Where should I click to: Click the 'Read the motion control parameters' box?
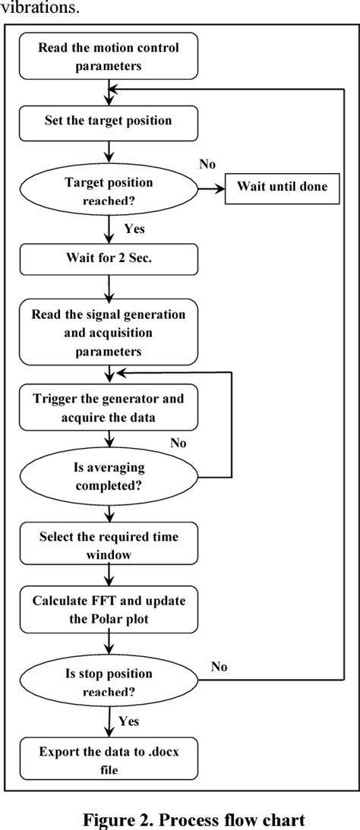(109, 55)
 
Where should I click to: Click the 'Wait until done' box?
(282, 187)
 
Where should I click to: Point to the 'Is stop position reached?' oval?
(108, 681)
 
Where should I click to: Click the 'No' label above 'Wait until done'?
(207, 165)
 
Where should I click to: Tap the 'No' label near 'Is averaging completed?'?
(178, 443)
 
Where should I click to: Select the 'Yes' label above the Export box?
(134, 719)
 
